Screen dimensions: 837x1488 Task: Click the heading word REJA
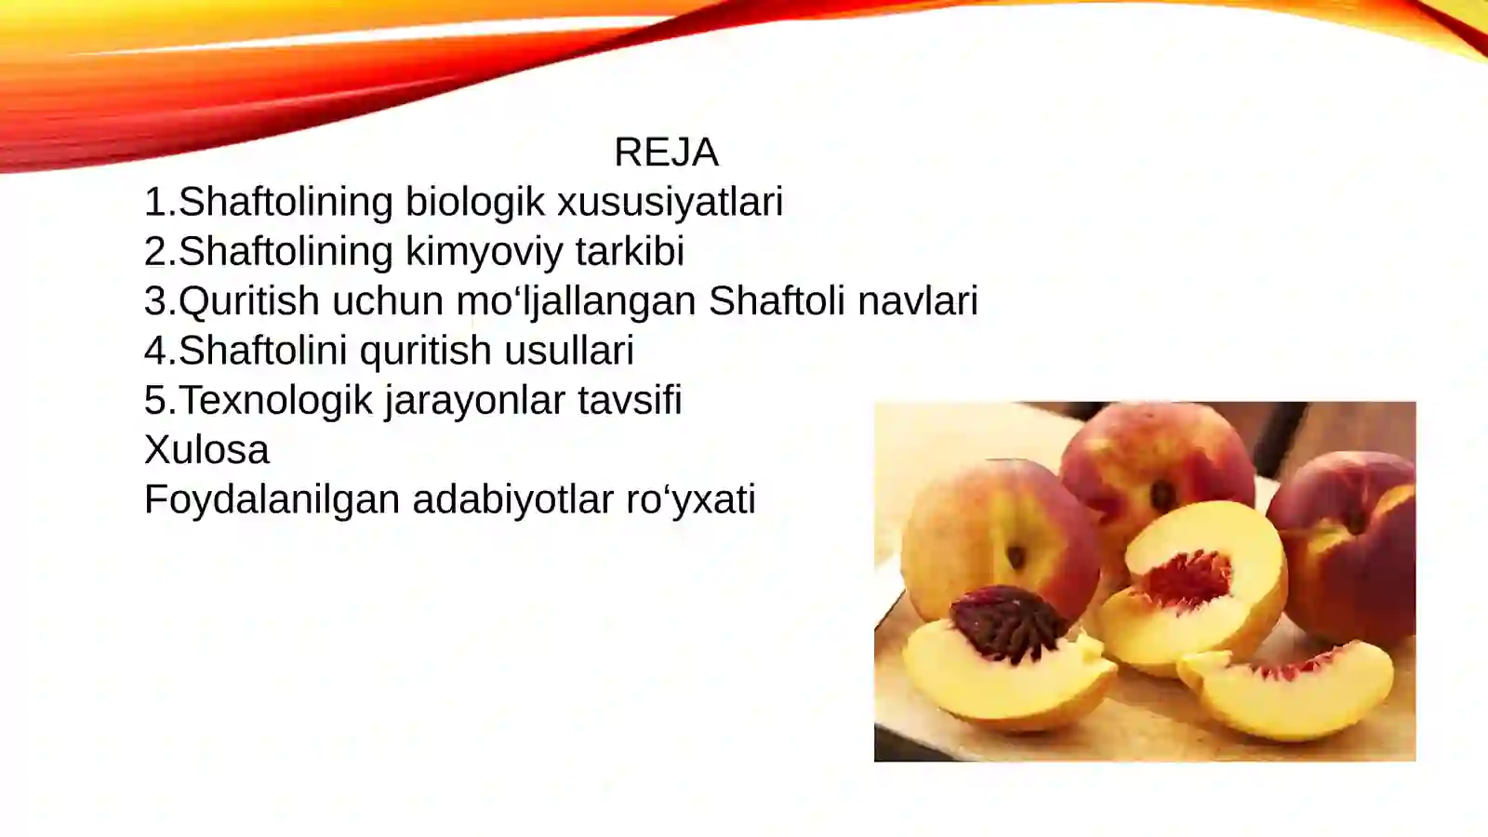click(666, 153)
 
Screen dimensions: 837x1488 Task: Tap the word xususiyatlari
click(670, 203)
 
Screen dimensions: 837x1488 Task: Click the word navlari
click(918, 301)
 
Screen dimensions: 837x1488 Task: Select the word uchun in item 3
click(388, 301)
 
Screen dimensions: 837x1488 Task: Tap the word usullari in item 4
click(569, 351)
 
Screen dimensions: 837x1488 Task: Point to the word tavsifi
click(630, 401)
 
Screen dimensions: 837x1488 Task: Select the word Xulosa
click(206, 450)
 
